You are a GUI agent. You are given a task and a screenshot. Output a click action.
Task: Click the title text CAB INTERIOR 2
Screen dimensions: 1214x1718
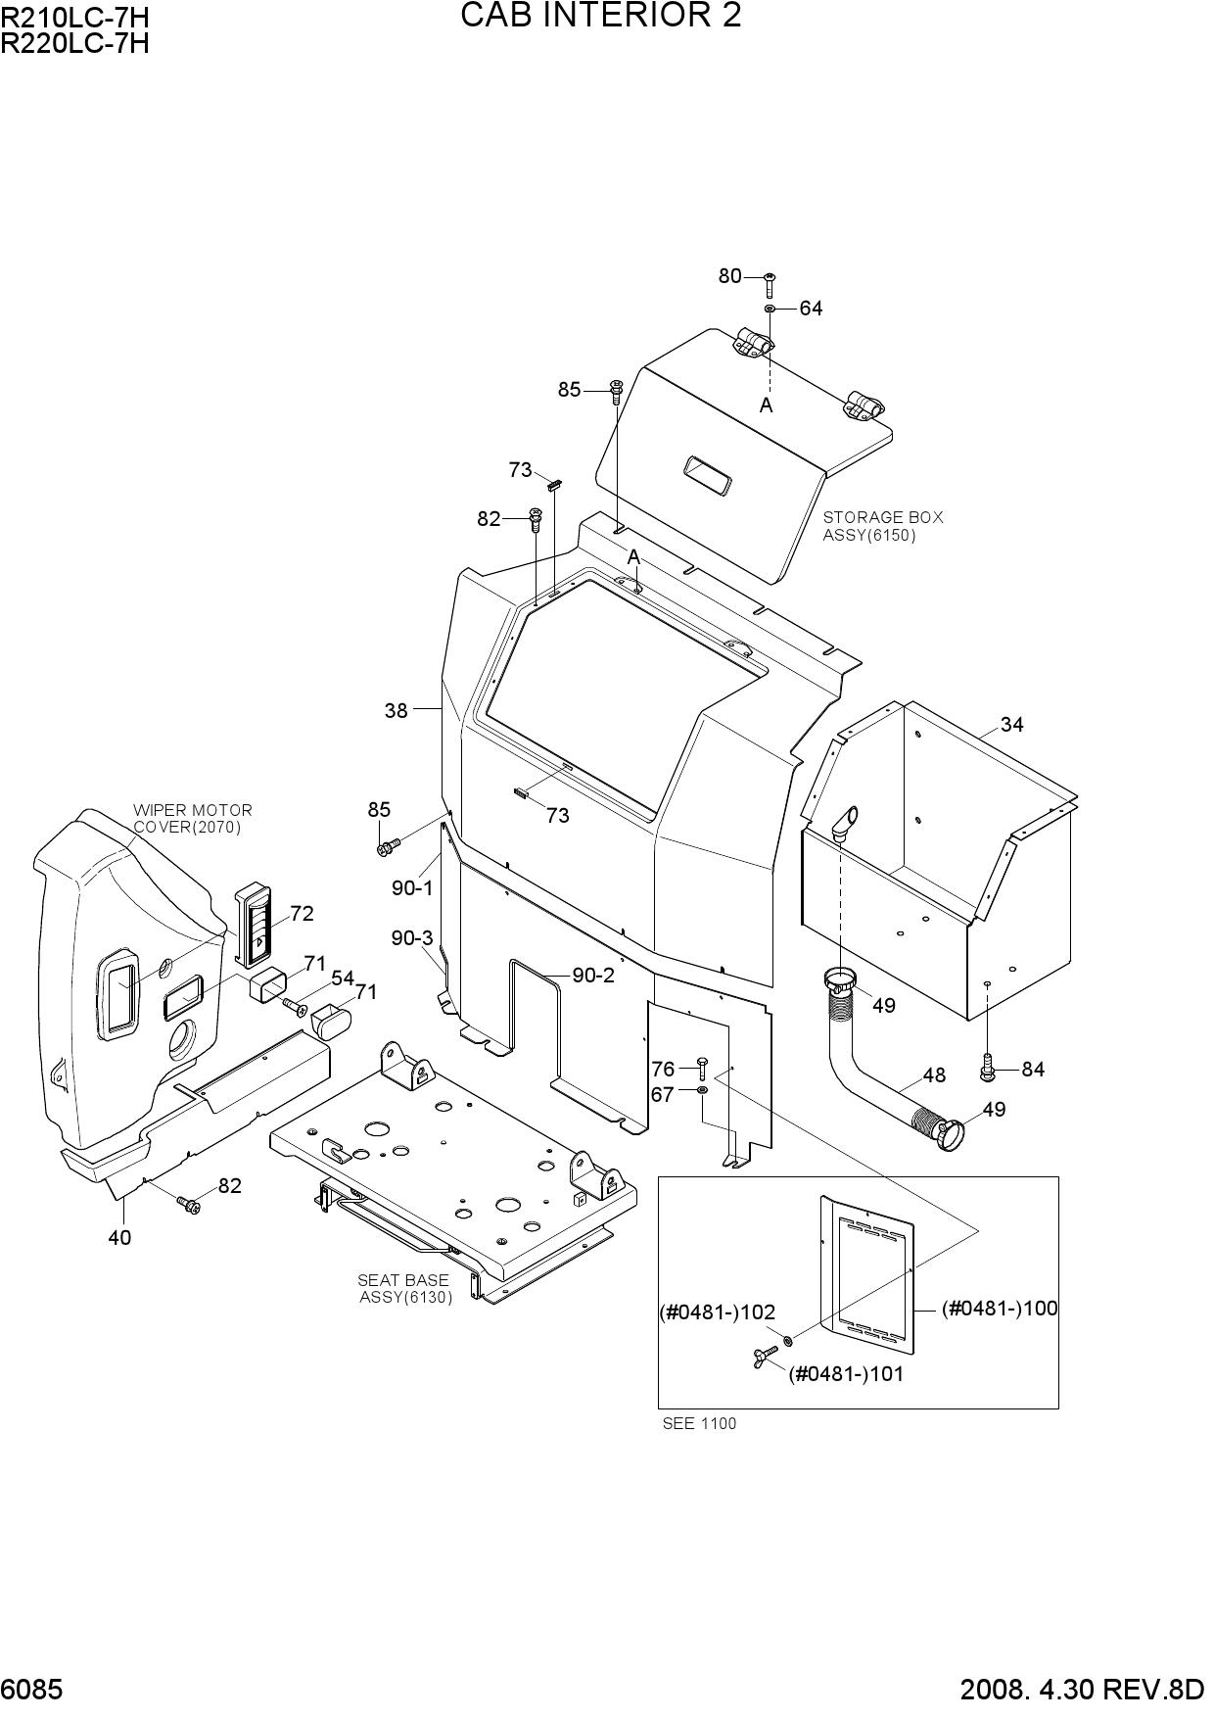point(600,16)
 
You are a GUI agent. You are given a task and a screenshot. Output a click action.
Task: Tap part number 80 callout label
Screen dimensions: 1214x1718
point(729,276)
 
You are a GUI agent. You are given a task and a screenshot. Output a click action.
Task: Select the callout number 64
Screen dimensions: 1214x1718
point(811,309)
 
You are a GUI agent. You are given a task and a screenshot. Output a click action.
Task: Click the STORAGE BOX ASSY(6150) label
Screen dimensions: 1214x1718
point(882,526)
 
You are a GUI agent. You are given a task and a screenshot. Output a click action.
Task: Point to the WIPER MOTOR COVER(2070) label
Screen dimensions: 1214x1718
point(192,819)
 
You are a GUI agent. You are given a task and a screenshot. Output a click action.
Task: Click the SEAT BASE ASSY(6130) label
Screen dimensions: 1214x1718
point(403,1288)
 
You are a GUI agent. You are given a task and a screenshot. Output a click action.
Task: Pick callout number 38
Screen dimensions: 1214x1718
point(396,710)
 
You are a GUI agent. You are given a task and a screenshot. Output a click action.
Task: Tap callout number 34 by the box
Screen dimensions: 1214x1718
point(1011,725)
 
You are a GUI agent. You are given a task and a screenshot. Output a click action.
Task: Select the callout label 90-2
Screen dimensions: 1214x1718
point(593,976)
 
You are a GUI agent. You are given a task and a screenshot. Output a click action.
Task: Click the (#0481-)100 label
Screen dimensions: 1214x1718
point(1000,1308)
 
